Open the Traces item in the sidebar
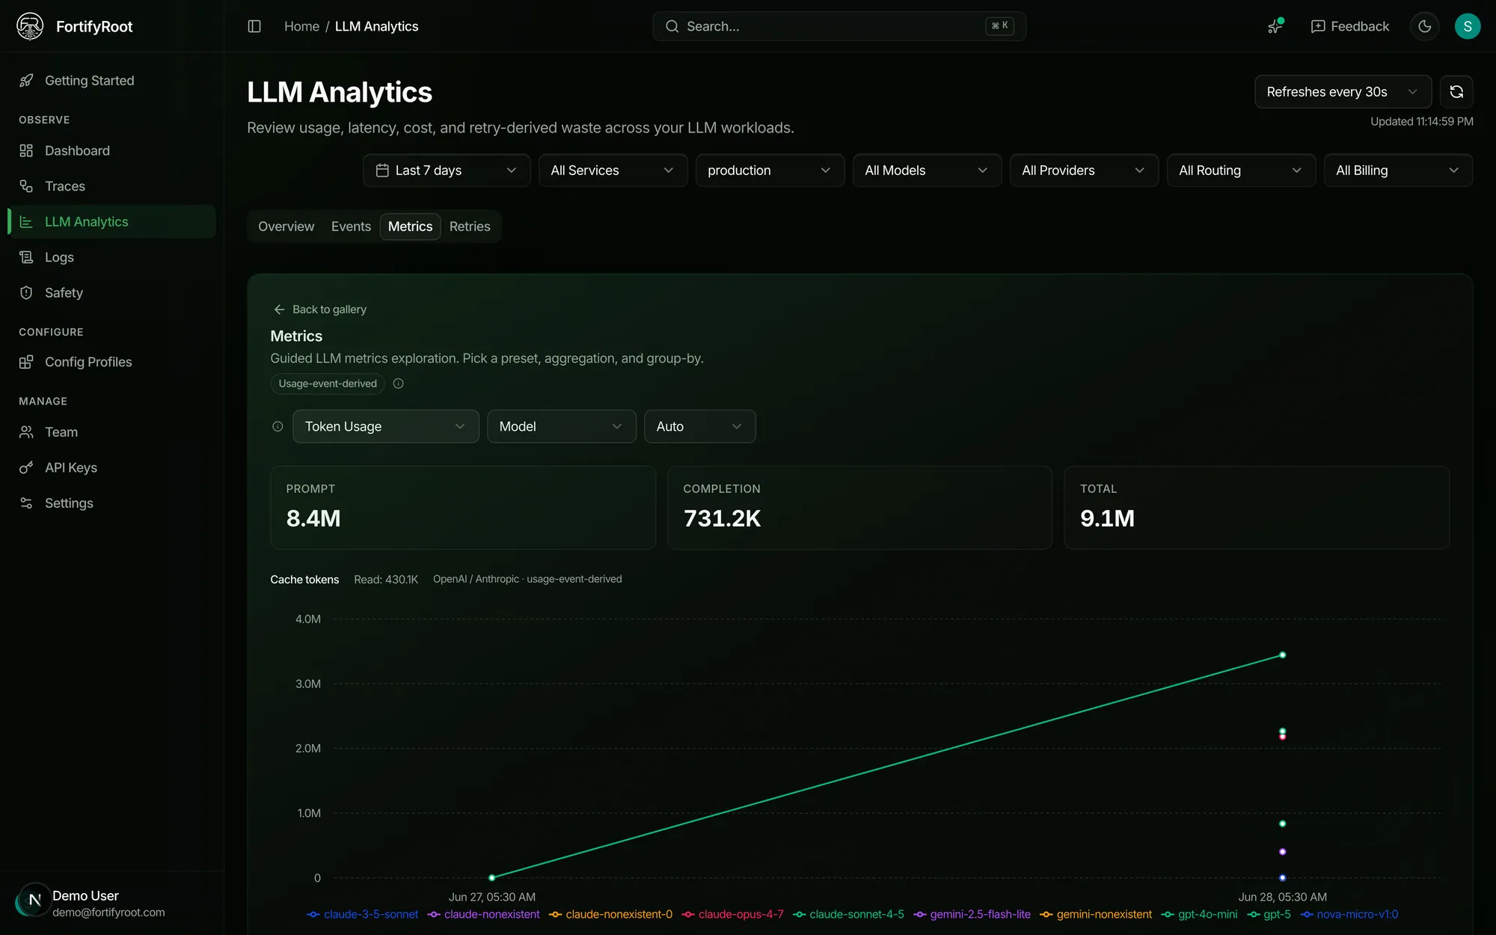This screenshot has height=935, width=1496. (65, 186)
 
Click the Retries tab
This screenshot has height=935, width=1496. (470, 227)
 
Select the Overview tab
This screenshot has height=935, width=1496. (286, 227)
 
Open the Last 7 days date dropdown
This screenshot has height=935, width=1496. (447, 171)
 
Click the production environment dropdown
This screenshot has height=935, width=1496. (770, 171)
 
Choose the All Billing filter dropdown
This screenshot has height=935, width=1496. (1398, 171)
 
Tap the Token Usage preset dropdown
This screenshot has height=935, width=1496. (386, 426)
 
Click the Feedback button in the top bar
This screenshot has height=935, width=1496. (1350, 27)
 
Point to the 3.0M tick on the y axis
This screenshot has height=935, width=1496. (308, 684)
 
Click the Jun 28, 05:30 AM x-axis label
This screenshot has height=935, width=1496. (1282, 897)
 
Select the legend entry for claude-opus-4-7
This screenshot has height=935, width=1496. (733, 915)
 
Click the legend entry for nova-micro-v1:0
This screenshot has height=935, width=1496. (1349, 915)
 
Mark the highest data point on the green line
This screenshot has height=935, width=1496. (1283, 655)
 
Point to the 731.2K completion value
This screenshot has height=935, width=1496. (722, 518)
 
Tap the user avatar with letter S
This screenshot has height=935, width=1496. (1467, 27)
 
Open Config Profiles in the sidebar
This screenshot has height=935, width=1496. (88, 362)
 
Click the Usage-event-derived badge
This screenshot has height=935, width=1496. (328, 384)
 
